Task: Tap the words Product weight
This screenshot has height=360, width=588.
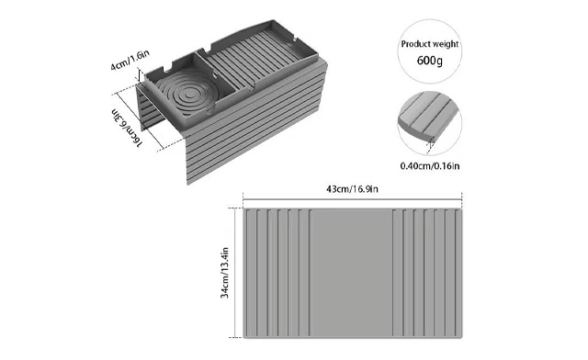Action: click(x=428, y=44)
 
